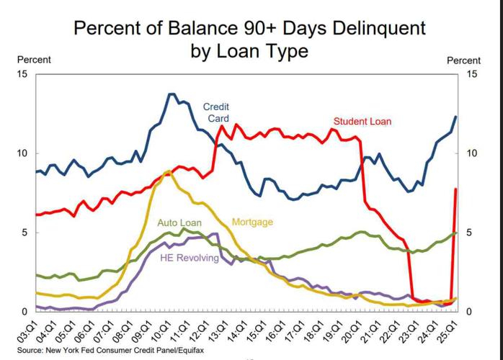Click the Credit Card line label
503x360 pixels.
point(216,112)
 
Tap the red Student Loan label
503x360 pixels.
point(362,121)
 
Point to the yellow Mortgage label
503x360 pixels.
point(252,222)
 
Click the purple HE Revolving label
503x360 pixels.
point(190,258)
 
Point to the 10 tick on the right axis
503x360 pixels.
point(473,153)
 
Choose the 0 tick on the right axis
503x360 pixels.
point(471,312)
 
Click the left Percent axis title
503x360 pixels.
point(34,60)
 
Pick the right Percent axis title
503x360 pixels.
point(463,61)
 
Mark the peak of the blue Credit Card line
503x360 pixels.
point(172,94)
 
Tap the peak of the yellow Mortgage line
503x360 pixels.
point(168,171)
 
